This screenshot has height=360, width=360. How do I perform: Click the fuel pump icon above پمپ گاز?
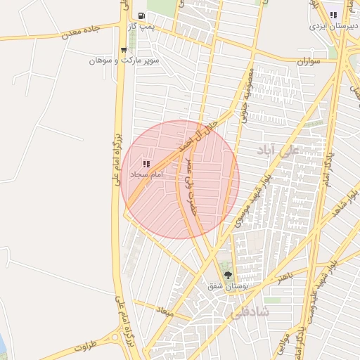[x=142, y=15]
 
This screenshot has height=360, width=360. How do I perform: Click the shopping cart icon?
[x=124, y=50]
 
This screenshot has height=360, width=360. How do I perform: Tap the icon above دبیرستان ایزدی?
[x=333, y=15]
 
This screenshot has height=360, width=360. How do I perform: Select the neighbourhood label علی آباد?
[x=278, y=150]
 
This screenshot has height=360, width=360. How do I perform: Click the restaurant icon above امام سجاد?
[x=146, y=163]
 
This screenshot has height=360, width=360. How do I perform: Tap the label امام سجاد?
[x=147, y=174]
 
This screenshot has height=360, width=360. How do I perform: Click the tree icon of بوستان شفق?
[x=226, y=275]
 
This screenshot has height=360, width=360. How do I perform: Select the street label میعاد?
[x=165, y=310]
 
